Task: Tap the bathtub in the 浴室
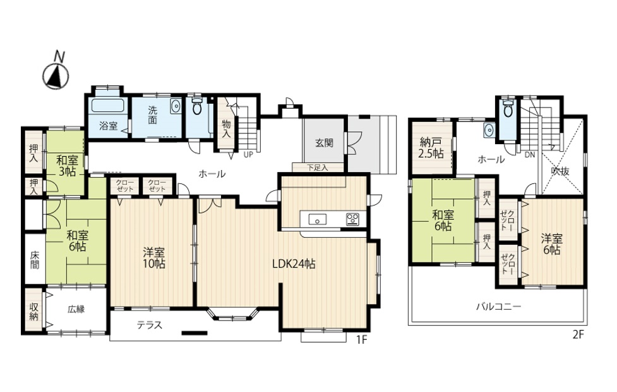click(108, 106)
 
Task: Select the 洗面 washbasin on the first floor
click(176, 106)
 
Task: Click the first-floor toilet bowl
click(197, 106)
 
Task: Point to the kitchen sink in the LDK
click(317, 219)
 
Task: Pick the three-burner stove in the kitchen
click(352, 219)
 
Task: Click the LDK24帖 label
click(294, 264)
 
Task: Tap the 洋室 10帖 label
click(154, 258)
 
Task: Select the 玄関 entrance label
click(324, 143)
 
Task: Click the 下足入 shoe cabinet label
click(317, 168)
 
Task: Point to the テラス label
click(150, 325)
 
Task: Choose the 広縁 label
click(76, 309)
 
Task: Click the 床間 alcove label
click(35, 259)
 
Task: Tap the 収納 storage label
click(34, 311)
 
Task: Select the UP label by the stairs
click(248, 155)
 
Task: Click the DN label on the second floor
click(530, 155)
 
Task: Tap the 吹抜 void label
click(560, 171)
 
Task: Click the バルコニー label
click(498, 306)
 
